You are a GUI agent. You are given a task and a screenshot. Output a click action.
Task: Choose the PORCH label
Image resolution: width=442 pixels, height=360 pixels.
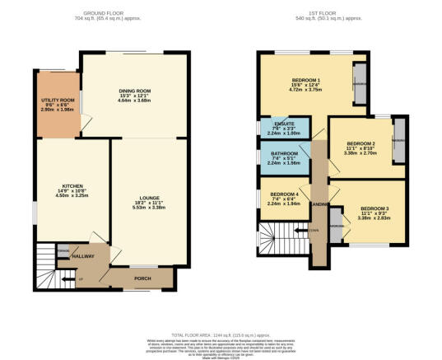(140, 278)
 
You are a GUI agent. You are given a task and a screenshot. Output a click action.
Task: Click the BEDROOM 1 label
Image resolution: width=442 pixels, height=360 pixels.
(305, 81)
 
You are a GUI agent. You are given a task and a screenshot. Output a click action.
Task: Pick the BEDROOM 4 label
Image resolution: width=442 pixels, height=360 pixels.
(282, 196)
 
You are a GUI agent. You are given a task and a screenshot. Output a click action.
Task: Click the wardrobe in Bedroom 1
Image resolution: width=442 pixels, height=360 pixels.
(360, 83)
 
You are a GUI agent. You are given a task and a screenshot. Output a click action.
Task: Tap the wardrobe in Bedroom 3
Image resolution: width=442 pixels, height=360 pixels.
(336, 223)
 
